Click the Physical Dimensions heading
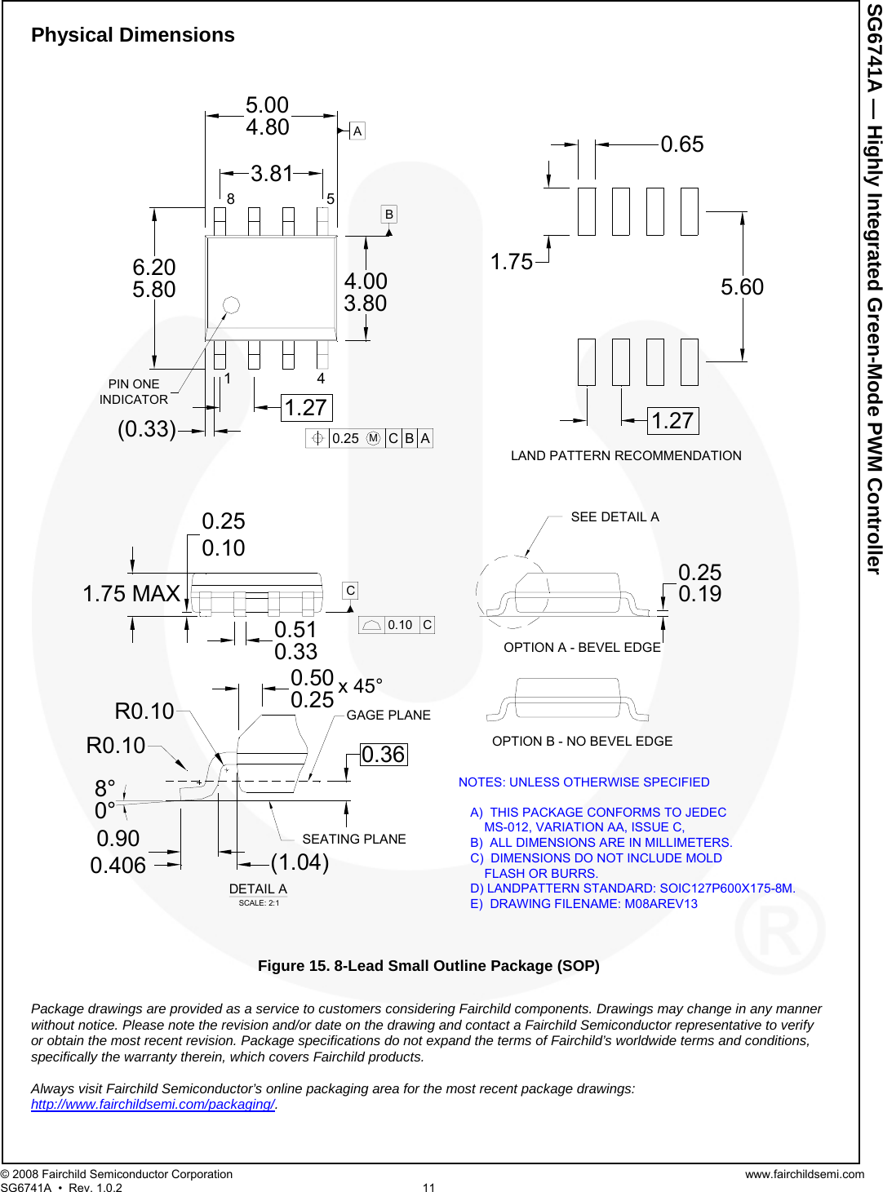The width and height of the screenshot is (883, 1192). pyautogui.click(x=133, y=35)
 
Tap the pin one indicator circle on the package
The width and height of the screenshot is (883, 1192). pyautogui.click(x=231, y=305)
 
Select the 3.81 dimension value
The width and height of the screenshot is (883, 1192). pyautogui.click(x=272, y=174)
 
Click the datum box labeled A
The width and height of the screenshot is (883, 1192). pyautogui.click(x=357, y=131)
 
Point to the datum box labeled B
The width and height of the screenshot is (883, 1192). pyautogui.click(x=389, y=215)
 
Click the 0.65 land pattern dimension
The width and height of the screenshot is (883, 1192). pyautogui.click(x=682, y=144)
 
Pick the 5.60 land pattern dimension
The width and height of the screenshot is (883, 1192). pyautogui.click(x=742, y=287)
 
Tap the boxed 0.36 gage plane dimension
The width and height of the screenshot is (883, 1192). pyautogui.click(x=384, y=755)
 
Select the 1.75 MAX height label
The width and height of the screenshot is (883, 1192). pyautogui.click(x=131, y=594)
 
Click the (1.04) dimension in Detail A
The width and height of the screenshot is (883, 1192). pyautogui.click(x=300, y=862)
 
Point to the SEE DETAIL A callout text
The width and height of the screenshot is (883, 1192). pyautogui.click(x=615, y=517)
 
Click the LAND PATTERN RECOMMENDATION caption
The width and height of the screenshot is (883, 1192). pyautogui.click(x=626, y=456)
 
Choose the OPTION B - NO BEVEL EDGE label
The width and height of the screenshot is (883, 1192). pyautogui.click(x=582, y=742)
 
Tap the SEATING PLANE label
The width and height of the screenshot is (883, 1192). pyautogui.click(x=353, y=840)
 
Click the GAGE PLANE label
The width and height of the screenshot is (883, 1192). pyautogui.click(x=388, y=716)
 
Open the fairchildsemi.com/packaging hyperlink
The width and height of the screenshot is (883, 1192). pyautogui.click(x=153, y=1105)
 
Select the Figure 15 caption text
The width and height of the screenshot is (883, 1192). pyautogui.click(x=428, y=966)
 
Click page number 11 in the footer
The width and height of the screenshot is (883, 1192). pyautogui.click(x=429, y=1187)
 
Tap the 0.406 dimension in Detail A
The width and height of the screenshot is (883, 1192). pyautogui.click(x=118, y=866)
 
